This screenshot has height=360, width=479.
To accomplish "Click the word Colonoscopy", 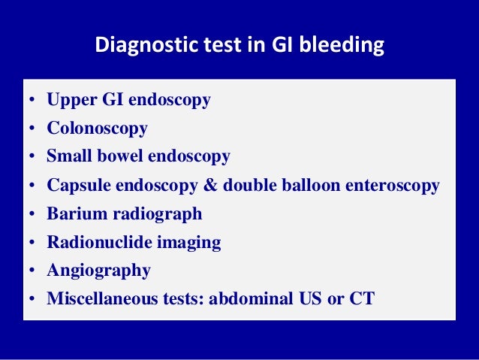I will pyautogui.click(x=97, y=129).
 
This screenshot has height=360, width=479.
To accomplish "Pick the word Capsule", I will pyautogui.click(x=77, y=185).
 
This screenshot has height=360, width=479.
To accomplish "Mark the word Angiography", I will pyautogui.click(x=98, y=271).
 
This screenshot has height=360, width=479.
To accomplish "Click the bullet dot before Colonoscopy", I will pyautogui.click(x=32, y=129).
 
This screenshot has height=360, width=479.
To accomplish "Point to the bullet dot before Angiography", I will pyautogui.click(x=32, y=271).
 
